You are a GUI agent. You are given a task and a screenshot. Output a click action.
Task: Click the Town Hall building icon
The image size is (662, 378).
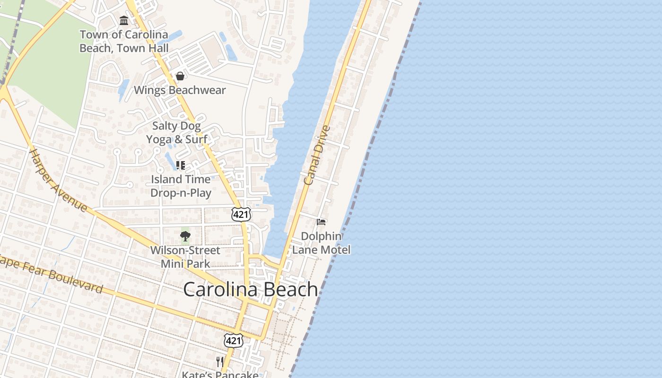(124, 20)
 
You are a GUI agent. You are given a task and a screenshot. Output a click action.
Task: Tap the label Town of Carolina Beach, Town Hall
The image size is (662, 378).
(124, 41)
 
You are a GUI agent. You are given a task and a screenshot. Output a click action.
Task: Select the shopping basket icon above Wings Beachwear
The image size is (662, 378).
(180, 76)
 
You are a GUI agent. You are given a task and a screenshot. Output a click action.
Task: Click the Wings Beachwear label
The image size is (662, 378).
(180, 90)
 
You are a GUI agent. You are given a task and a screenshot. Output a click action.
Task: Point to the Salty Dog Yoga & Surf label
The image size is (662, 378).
(176, 133)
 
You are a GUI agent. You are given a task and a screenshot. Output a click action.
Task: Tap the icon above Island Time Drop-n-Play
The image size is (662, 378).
(180, 165)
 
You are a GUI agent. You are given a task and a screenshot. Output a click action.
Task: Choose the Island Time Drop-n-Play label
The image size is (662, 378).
(181, 186)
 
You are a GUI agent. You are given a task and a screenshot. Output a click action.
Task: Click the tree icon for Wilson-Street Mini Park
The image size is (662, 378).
(185, 236)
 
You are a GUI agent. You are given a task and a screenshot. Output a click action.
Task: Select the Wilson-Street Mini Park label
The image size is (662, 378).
(185, 257)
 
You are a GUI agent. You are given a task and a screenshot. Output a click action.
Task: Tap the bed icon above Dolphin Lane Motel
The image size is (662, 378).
(322, 222)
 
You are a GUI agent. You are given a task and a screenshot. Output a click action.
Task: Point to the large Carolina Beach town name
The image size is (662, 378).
(251, 289)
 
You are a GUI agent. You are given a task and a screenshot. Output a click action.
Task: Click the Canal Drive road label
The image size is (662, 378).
(316, 155)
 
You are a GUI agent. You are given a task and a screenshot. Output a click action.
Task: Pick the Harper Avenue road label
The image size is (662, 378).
(59, 180)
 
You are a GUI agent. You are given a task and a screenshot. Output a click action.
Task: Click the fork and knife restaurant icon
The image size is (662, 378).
(220, 362)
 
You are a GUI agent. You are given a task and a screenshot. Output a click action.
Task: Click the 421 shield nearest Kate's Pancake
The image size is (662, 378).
(234, 340)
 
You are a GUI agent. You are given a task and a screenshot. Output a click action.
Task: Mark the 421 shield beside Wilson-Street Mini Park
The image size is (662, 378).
(241, 215)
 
